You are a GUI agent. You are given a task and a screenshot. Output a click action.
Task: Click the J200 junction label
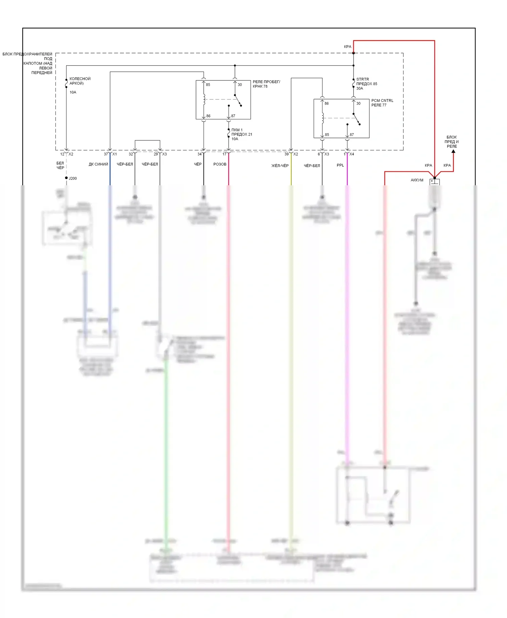pos(73,178)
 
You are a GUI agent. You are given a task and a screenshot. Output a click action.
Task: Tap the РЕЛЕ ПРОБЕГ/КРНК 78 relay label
pos(266,84)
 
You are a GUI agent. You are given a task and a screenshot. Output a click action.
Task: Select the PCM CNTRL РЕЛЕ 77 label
pos(382,103)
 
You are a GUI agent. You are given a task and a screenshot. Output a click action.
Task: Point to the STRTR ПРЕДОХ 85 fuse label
pos(366,84)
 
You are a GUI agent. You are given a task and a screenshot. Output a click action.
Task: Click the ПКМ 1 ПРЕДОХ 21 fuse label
pos(241,134)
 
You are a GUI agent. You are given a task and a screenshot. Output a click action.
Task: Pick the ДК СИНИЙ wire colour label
pos(98,164)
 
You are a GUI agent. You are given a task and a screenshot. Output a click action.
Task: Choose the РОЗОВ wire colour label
pos(220,164)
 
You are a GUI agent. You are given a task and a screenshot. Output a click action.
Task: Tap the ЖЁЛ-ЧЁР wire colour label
pos(280,166)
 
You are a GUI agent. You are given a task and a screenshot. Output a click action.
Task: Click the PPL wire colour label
pos(340,165)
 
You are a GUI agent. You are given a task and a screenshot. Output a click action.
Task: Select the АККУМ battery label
pos(417,180)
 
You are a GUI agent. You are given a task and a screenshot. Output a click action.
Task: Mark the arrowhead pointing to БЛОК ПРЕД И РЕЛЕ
pos(453,151)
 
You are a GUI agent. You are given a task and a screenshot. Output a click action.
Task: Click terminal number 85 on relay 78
pos(208,85)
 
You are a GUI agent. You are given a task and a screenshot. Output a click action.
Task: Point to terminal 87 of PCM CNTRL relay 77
pos(352,135)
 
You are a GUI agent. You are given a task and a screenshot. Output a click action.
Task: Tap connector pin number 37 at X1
pos(106,154)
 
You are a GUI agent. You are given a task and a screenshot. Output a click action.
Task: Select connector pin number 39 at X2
pos(286,154)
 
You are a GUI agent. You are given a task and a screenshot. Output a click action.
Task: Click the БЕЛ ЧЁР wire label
pos(60,165)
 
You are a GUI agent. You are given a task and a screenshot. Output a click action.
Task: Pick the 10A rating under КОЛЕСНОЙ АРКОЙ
pos(73,92)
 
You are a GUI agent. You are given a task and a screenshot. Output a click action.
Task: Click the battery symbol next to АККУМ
pos(434,182)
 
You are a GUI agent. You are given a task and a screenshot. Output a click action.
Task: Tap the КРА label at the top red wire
pos(347,47)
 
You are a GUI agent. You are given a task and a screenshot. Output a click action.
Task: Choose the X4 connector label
pos(352,154)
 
